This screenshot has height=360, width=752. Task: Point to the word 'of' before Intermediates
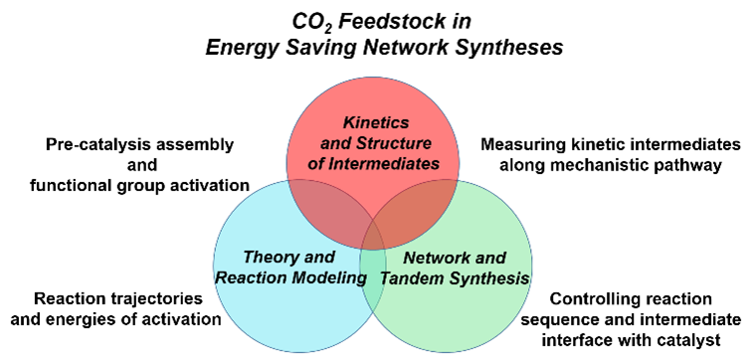click(315, 163)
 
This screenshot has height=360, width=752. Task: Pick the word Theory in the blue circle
click(267, 258)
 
